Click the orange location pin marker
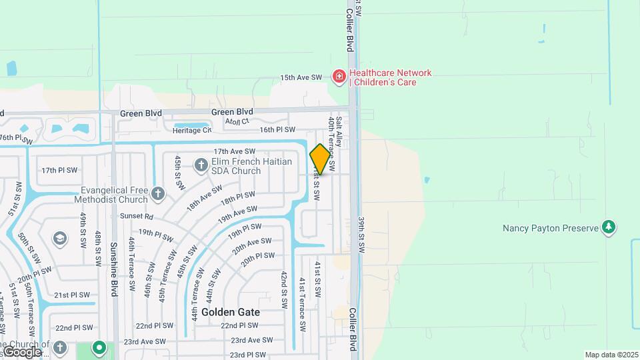click(x=320, y=159)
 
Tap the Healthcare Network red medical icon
click(x=339, y=77)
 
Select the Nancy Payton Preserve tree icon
click(x=608, y=227)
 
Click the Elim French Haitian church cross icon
click(x=201, y=164)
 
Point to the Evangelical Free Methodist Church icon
click(x=157, y=194)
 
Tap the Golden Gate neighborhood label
click(x=230, y=312)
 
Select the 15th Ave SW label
click(x=301, y=77)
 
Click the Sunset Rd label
click(x=137, y=217)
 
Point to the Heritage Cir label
click(x=192, y=131)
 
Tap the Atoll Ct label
click(x=237, y=121)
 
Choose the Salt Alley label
click(x=339, y=131)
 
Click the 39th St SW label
click(x=362, y=234)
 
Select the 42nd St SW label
click(x=284, y=289)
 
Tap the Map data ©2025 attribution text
click(x=611, y=355)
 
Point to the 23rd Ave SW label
click(x=251, y=340)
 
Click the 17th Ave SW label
click(x=235, y=152)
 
